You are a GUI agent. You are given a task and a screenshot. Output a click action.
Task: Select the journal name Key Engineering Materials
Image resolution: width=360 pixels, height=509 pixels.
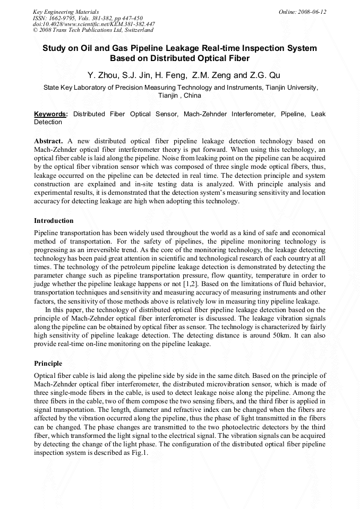(65, 11)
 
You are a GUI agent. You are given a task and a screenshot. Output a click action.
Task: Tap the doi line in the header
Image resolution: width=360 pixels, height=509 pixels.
(93, 24)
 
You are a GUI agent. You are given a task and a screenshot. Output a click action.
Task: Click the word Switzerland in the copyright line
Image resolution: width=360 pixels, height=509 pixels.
(138, 30)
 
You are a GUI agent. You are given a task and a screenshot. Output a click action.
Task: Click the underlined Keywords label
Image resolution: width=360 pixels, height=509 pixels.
(50, 114)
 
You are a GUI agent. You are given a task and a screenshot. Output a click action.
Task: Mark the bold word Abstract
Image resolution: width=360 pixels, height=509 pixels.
(48, 141)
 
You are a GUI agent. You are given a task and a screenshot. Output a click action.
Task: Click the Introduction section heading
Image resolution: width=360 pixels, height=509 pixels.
(54, 221)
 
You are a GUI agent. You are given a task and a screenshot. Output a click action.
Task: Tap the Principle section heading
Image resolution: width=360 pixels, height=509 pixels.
(48, 364)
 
